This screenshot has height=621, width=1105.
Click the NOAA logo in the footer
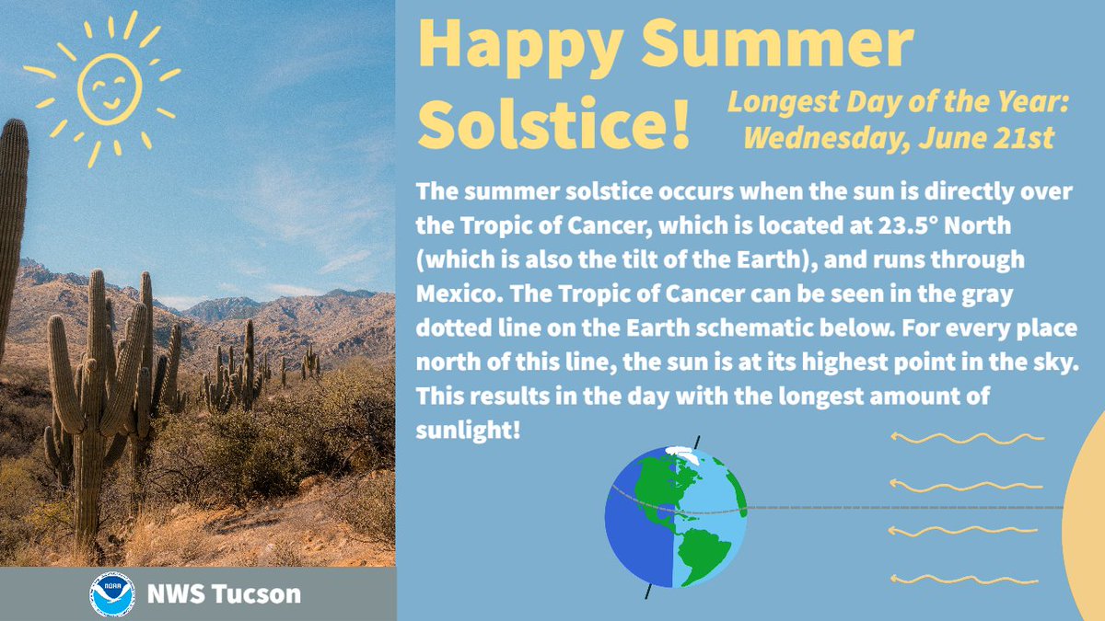(113, 594)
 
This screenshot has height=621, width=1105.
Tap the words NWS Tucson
(224, 594)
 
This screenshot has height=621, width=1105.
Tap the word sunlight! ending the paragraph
(469, 429)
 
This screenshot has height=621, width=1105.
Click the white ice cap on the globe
(680, 454)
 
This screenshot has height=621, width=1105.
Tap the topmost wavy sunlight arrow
(962, 438)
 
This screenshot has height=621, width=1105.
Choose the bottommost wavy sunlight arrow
(962, 579)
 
